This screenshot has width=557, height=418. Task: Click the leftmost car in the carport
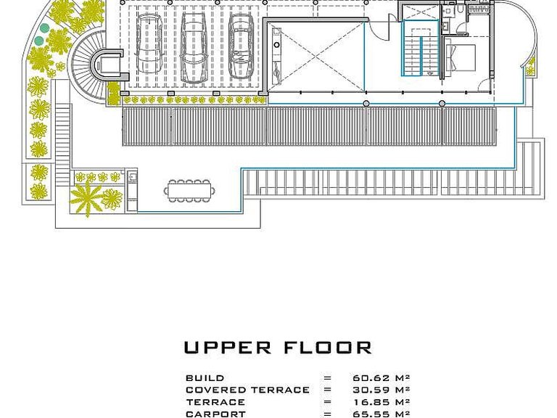pyautogui.click(x=149, y=44)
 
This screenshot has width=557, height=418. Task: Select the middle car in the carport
pyautogui.click(x=194, y=47)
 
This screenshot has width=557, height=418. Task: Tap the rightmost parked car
pyautogui.click(x=242, y=46)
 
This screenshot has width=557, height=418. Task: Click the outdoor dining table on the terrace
pyautogui.click(x=189, y=191)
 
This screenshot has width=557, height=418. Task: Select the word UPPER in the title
pyautogui.click(x=227, y=348)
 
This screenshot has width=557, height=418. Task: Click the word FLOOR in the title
pyautogui.click(x=328, y=348)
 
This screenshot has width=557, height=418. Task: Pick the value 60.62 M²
pyautogui.click(x=381, y=378)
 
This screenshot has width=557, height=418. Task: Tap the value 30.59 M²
pyautogui.click(x=381, y=390)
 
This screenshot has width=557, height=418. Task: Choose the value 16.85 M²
pyautogui.click(x=381, y=402)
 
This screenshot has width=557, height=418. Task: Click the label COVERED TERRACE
pyautogui.click(x=247, y=390)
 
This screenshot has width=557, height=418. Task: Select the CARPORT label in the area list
pyautogui.click(x=215, y=414)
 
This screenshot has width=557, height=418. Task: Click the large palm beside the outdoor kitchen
pyautogui.click(x=86, y=197)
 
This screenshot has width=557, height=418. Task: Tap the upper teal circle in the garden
pyautogui.click(x=44, y=28)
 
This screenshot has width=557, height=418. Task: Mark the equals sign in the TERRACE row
pyautogui.click(x=327, y=402)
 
